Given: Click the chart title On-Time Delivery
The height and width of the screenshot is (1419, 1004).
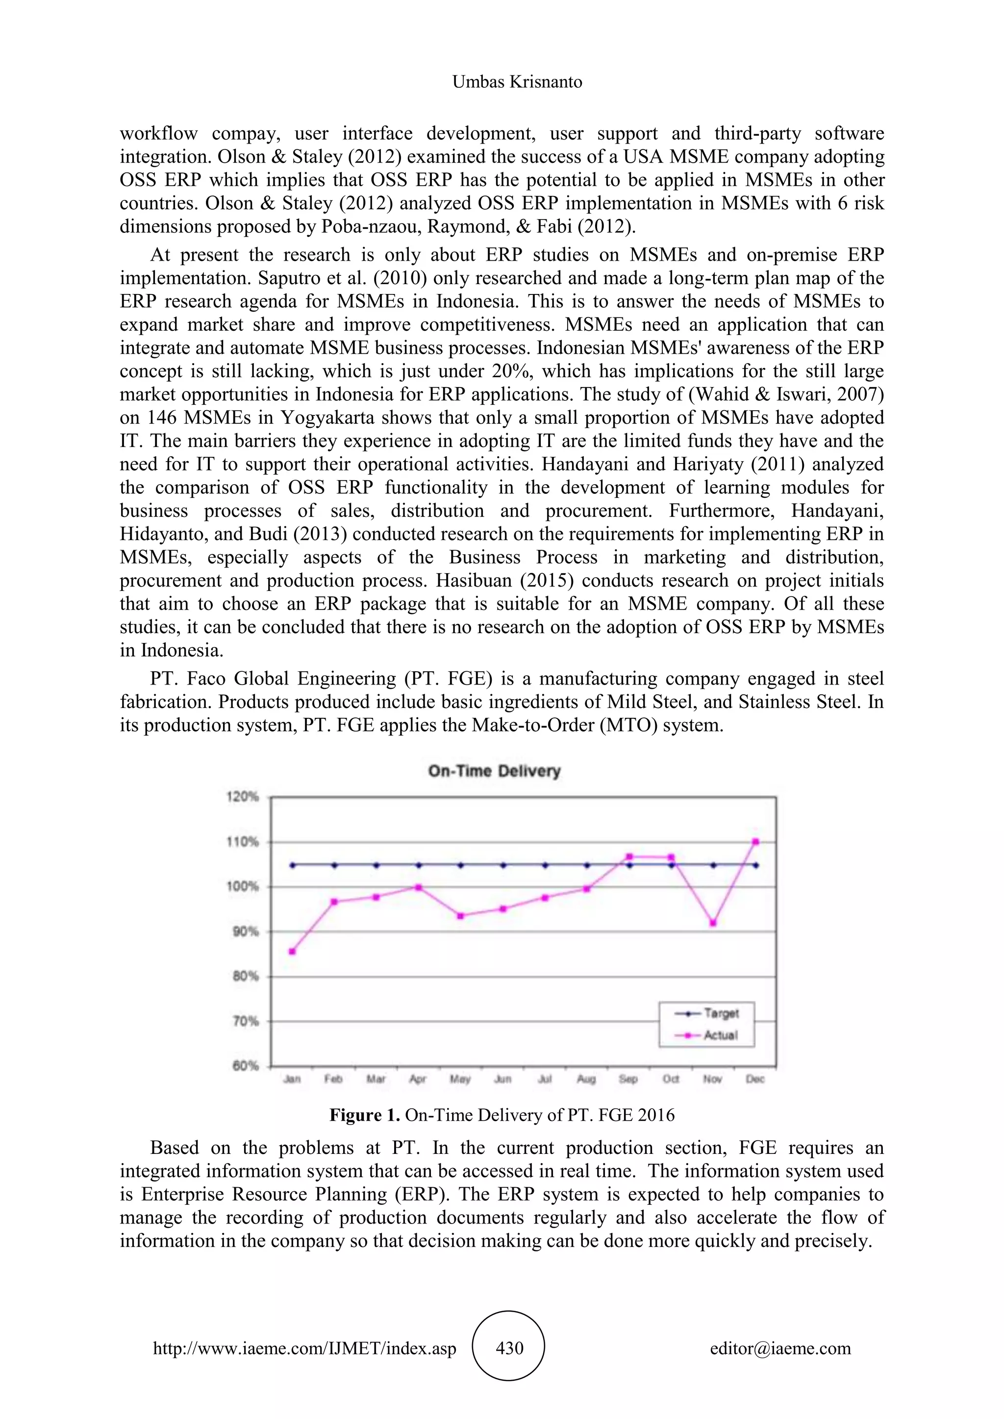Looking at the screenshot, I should point(494,771).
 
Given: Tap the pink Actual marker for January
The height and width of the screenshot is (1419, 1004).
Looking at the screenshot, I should point(292,952).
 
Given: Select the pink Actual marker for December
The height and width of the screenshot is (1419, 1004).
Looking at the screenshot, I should point(755,842).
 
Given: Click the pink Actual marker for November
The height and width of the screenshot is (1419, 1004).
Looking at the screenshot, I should point(713,923).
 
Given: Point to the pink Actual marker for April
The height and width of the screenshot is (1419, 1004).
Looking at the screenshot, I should point(419,887).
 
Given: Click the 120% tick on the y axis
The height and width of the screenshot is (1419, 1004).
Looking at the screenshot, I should point(246,797).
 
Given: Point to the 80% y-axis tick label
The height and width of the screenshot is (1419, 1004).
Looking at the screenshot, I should point(246,977).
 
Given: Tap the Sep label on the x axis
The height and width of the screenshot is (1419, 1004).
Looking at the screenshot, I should point(628,1079).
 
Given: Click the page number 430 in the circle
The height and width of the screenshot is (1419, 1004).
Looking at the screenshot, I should point(509,1348).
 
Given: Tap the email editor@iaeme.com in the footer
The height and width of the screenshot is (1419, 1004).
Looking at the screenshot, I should point(780,1348).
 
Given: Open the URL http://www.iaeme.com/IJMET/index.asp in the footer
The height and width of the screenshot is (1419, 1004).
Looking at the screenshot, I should point(305,1348).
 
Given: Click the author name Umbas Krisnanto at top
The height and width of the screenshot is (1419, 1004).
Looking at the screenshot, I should point(517,82).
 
